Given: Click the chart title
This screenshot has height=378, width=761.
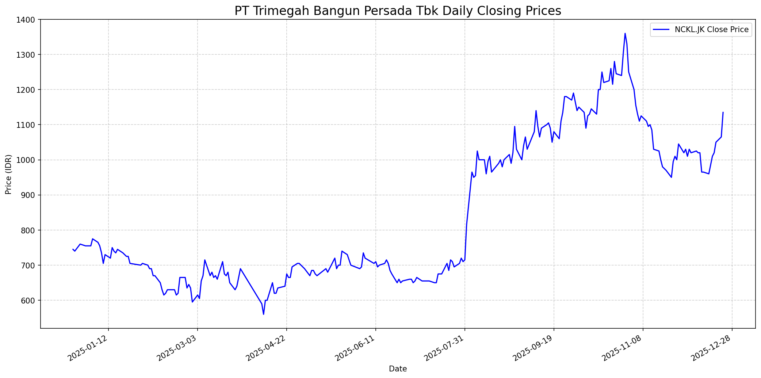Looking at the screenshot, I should pos(398,11).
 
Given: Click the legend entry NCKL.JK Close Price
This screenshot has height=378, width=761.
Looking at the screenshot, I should pos(711,30).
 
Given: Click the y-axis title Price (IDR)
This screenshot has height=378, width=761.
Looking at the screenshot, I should pos(8,174).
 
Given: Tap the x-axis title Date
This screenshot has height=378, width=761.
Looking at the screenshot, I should pos(398,369).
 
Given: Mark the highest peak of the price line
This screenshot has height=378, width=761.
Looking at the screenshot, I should pos(625,33).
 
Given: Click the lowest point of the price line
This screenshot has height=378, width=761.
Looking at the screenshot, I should pos(263,314).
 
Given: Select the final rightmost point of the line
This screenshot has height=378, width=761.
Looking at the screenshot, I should pos(723,112).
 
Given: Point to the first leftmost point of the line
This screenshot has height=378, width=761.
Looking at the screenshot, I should pos(73,249).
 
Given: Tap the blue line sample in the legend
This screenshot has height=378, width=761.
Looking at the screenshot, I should pos(661,30).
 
